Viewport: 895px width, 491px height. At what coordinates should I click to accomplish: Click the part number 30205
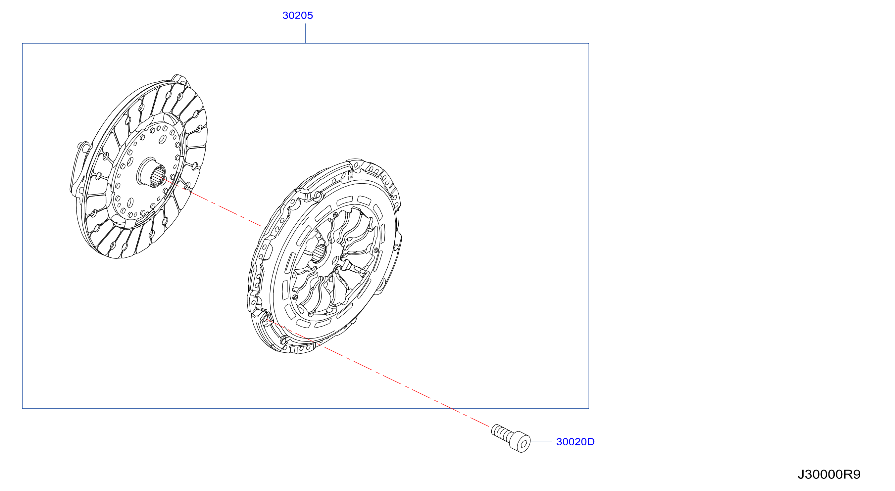coord(297,15)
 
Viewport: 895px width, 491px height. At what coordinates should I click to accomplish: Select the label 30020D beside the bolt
coord(575,442)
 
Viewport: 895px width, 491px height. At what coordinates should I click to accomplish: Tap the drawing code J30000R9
coord(829,474)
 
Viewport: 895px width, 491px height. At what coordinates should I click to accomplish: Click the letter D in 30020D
coord(591,442)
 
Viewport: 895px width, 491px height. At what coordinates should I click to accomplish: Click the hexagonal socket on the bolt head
coord(523,444)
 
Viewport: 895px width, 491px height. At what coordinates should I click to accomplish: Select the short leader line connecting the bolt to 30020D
coord(541,441)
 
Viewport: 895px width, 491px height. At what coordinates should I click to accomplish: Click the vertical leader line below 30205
coord(305,33)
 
